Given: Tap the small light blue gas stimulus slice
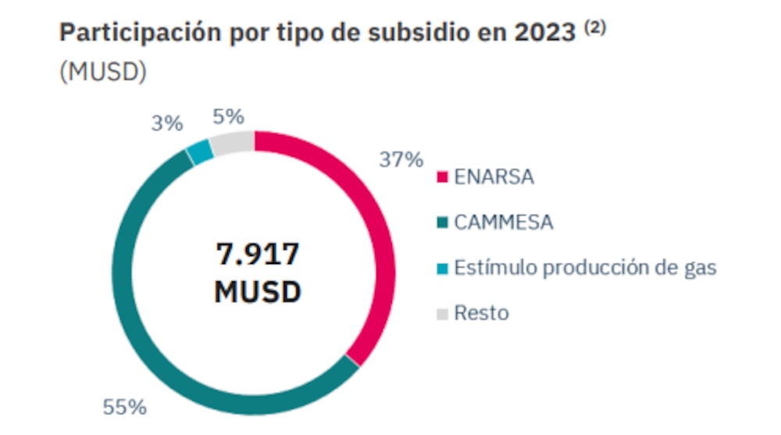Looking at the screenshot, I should [x=200, y=152].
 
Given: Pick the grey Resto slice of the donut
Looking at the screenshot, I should [x=233, y=143].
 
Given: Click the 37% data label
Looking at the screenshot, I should [x=401, y=160].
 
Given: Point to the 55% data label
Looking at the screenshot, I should [x=124, y=407].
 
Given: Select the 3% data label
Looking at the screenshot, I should [x=167, y=123].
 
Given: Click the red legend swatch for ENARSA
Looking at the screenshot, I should [x=442, y=177].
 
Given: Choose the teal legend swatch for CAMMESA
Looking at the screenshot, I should [x=442, y=223].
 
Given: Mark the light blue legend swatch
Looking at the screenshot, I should [x=442, y=269].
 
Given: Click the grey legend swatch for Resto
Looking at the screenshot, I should [x=442, y=314].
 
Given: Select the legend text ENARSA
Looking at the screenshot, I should [x=494, y=177].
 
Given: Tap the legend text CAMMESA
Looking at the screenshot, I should [x=504, y=223].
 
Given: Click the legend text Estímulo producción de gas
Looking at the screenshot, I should [x=585, y=268].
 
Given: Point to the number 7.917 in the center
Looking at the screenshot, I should [x=257, y=255].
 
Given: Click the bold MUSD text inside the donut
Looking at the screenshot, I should [x=257, y=292].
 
